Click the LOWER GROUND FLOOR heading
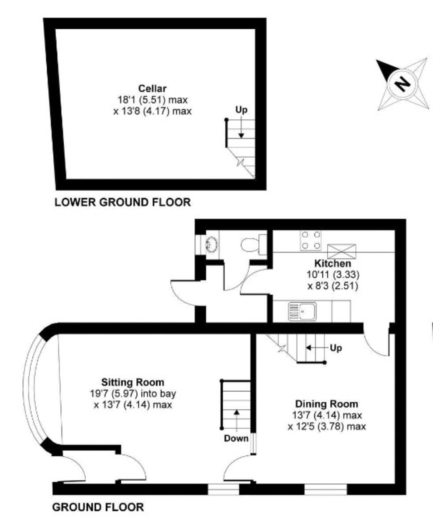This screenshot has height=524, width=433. click(122, 202)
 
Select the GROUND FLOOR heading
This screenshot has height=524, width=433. click(98, 507)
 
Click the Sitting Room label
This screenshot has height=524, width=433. click(133, 382)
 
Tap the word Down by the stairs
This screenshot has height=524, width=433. click(236, 438)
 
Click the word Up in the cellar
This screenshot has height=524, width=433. click(241, 110)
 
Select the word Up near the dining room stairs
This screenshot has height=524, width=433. click(336, 348)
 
